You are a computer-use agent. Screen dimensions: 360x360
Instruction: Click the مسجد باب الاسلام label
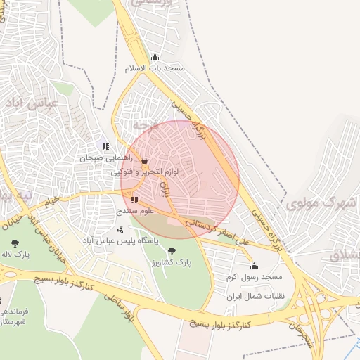point(154,69)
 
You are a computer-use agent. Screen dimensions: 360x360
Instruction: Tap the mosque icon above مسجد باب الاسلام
point(155,58)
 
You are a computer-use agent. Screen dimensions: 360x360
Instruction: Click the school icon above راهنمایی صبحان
point(105,146)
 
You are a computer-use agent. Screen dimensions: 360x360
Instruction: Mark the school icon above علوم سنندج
point(134,200)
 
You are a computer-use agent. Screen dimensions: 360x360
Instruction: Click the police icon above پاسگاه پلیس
point(120,229)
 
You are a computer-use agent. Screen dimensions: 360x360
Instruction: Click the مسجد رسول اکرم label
point(253,278)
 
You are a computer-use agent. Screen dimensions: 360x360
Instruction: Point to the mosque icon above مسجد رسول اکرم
point(253,266)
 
